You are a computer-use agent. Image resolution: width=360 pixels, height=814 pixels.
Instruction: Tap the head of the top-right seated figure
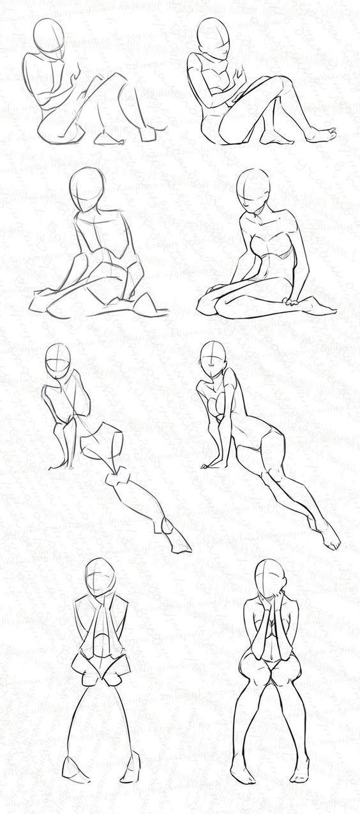coord(211,35)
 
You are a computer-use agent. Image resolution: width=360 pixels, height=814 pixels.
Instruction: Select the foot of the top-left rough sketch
coord(103,137)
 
